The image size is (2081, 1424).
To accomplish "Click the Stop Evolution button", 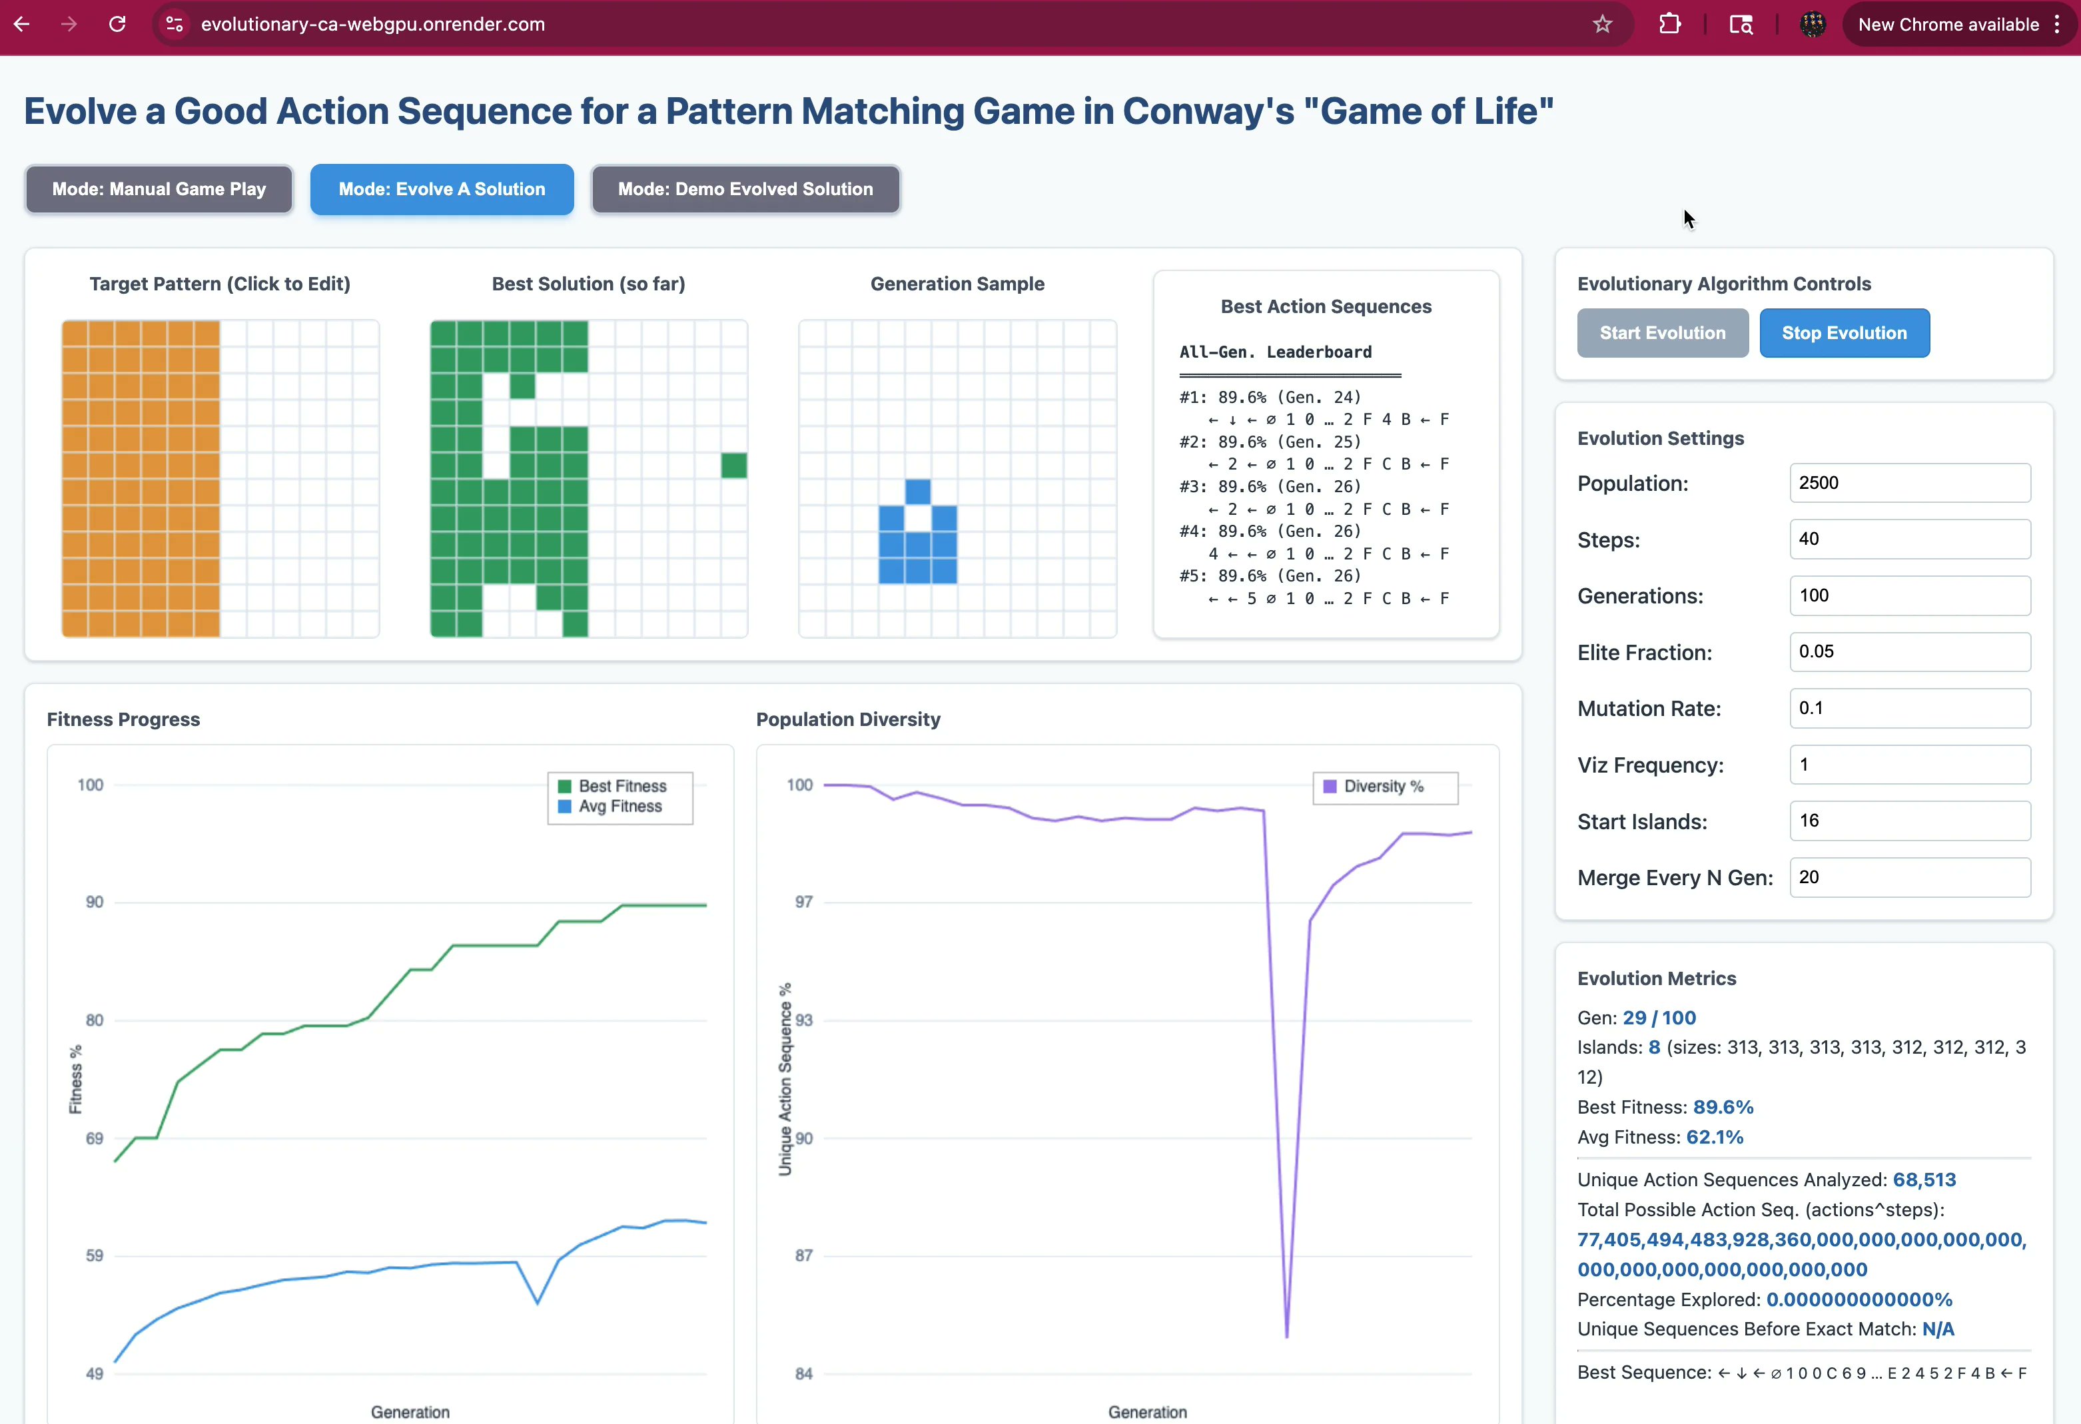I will tap(1844, 333).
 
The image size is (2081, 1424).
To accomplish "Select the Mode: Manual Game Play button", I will tap(159, 189).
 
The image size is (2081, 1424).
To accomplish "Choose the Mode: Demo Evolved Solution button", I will tap(745, 189).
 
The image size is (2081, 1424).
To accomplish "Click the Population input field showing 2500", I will tap(1909, 483).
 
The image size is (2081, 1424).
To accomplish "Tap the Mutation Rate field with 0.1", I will tap(1909, 709).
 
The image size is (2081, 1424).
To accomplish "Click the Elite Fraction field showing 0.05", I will tap(1909, 652).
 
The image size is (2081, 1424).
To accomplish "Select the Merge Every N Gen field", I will tap(1909, 878).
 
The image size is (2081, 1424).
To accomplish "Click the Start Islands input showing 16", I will tap(1909, 821).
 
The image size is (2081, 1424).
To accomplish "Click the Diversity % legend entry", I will tap(1382, 787).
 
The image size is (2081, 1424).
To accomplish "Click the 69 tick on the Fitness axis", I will tap(94, 1138).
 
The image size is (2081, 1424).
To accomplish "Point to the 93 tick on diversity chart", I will tap(804, 1020).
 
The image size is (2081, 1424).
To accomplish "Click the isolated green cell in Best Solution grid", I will tap(734, 466).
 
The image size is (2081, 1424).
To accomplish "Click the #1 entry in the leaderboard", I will tap(1270, 398).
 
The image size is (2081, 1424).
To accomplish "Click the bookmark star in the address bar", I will tap(1602, 24).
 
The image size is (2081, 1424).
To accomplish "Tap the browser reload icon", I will tap(117, 24).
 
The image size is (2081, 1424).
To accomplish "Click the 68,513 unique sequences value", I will tap(1923, 1180).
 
